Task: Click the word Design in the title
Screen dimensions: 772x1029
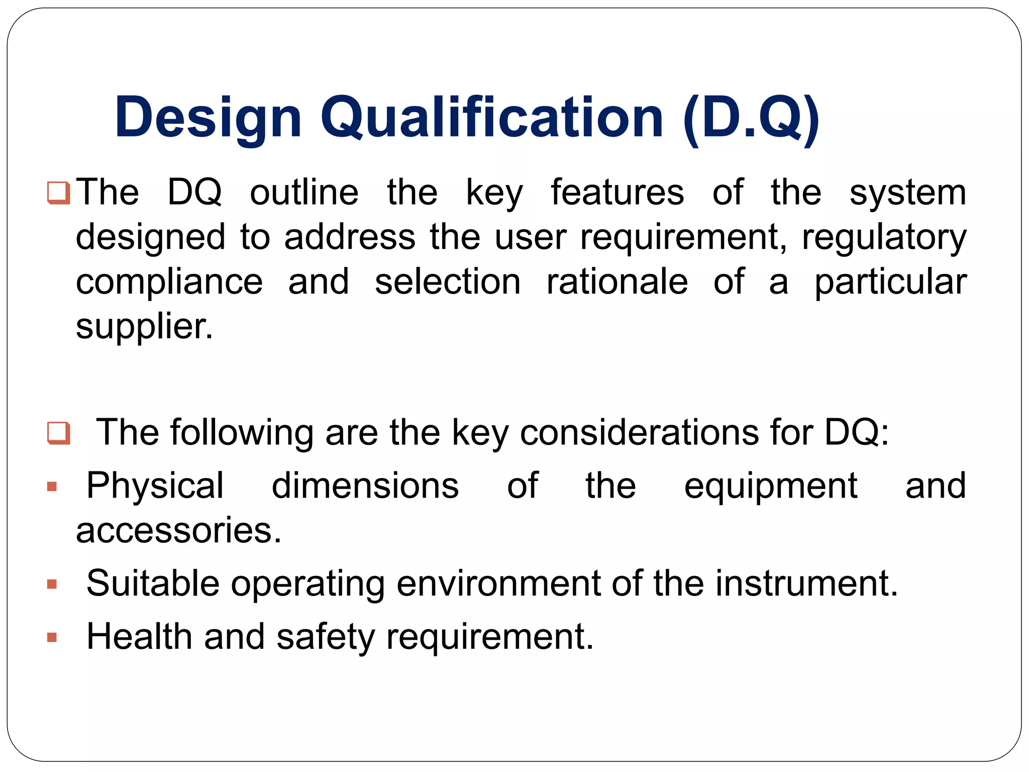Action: tap(208, 118)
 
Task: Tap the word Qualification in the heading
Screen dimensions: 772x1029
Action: tap(492, 118)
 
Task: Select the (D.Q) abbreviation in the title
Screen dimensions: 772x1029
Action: tap(751, 118)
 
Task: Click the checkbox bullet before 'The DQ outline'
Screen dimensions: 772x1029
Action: tap(58, 193)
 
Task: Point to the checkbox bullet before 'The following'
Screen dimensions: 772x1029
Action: tap(58, 433)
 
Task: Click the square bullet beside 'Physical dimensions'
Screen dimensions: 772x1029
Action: tap(52, 487)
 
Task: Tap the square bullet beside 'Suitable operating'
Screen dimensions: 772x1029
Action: tap(52, 584)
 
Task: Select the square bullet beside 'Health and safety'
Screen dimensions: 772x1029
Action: tap(52, 637)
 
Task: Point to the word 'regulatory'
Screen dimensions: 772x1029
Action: tap(884, 237)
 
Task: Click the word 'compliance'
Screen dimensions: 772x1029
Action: tap(169, 282)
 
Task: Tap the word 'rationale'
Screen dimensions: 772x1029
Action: tap(617, 282)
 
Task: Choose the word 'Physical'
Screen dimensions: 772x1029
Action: tap(155, 486)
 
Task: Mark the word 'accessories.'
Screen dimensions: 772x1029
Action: tap(178, 531)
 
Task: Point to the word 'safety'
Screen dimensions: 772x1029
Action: tap(326, 637)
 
